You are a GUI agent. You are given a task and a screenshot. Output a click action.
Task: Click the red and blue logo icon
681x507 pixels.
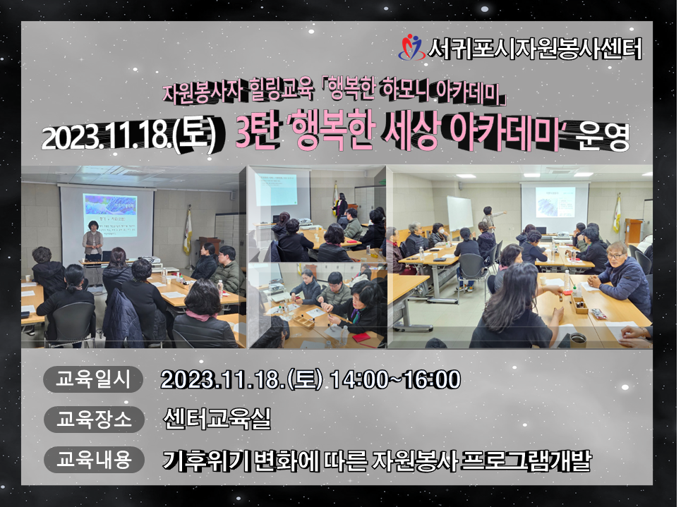tap(411, 47)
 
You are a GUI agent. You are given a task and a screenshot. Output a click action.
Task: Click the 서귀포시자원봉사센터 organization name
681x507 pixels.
tap(535, 48)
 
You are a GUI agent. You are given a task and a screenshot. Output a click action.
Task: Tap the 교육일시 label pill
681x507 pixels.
tap(93, 379)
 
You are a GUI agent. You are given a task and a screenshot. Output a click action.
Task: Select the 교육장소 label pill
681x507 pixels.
tap(94, 420)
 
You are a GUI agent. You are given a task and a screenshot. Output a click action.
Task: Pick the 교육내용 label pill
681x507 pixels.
tap(94, 459)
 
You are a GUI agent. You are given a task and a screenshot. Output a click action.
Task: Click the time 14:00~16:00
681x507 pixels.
tap(395, 380)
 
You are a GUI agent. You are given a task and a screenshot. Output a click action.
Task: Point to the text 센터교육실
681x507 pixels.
tap(217, 419)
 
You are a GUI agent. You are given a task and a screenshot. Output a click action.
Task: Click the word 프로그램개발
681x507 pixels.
tap(526, 460)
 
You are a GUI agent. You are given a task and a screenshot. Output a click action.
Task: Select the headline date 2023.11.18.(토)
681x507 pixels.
tap(128, 136)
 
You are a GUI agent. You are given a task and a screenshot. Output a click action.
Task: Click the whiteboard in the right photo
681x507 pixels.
tap(460, 214)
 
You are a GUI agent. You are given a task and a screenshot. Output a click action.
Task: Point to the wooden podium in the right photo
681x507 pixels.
tap(634, 231)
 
